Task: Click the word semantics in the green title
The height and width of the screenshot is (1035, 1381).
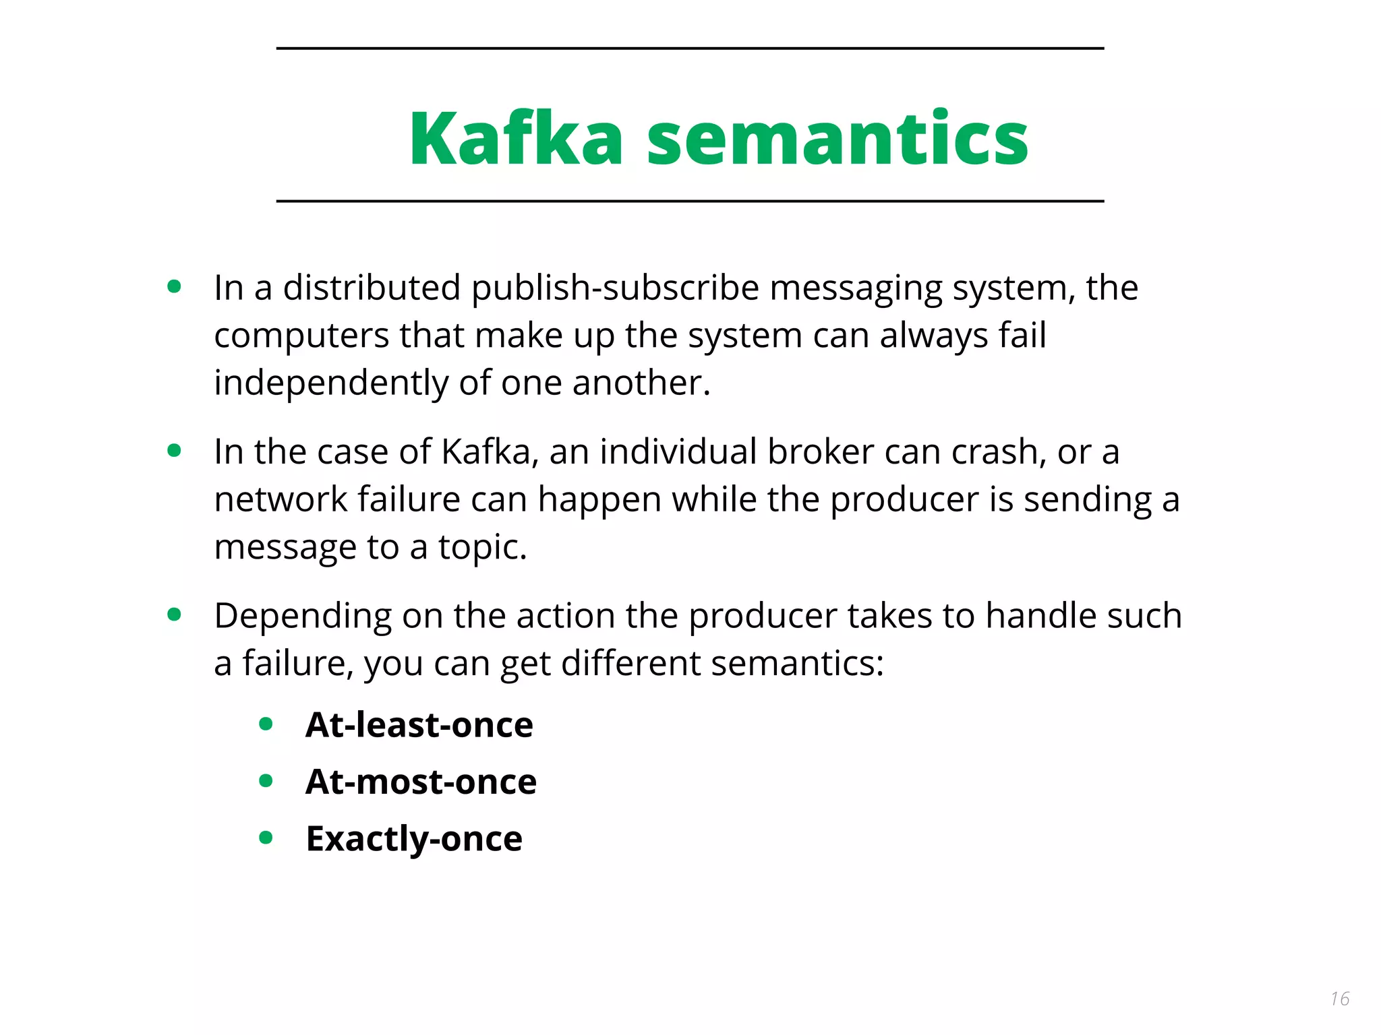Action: click(837, 139)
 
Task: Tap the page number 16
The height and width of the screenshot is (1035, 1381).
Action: click(1340, 999)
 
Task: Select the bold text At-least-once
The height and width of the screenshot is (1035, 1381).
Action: click(419, 725)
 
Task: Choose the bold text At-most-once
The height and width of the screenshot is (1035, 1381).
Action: click(421, 782)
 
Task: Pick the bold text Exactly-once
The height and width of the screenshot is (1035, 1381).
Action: click(414, 839)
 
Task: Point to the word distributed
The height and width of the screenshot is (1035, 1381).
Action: click(372, 288)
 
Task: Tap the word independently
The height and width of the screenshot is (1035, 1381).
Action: click(331, 383)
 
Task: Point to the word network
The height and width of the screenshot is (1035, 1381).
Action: click(281, 499)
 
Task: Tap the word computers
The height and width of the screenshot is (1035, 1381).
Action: click(301, 336)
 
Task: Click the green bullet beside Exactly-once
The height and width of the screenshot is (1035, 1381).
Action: click(266, 838)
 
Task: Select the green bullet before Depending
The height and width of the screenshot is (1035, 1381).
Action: click(174, 615)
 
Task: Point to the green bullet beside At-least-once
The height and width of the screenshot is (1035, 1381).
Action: click(266, 724)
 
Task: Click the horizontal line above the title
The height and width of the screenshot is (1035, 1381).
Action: click(690, 49)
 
